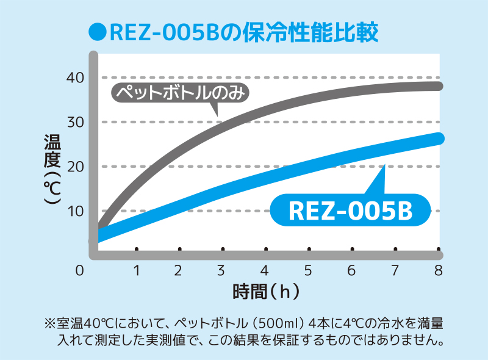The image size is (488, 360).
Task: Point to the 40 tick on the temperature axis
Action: (76, 77)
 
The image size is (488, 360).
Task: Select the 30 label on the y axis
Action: (76, 122)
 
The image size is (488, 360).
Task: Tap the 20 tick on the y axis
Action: (76, 167)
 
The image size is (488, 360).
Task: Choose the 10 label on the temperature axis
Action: (76, 211)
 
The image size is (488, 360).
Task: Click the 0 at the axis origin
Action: (79, 270)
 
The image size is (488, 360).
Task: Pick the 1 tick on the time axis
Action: (137, 270)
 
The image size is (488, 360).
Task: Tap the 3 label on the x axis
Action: (221, 270)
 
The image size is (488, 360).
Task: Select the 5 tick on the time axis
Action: (308, 270)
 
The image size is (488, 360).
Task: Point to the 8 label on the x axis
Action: (437, 270)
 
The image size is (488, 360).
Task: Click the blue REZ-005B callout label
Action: (350, 211)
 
